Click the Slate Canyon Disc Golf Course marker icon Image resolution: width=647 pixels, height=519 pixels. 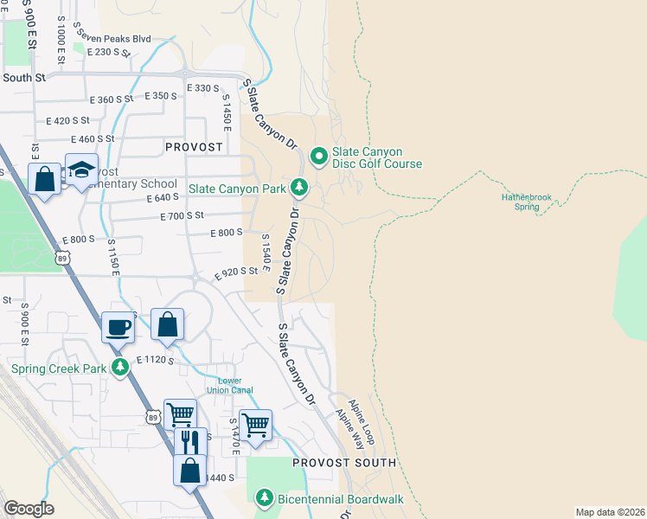(x=318, y=157)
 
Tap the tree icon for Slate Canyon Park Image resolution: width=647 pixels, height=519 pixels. (x=299, y=187)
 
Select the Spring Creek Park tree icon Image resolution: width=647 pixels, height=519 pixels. (x=120, y=368)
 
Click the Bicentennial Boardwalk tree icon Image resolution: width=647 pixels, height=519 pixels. (x=266, y=499)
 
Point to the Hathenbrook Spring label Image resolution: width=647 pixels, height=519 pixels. (x=526, y=202)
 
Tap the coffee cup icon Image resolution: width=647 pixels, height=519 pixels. (x=119, y=327)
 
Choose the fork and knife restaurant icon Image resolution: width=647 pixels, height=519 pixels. (x=190, y=441)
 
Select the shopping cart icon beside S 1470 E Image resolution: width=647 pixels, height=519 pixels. (x=256, y=425)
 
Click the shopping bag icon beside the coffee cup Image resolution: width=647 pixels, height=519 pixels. (x=168, y=324)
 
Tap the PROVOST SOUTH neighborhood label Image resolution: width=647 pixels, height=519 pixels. (x=343, y=463)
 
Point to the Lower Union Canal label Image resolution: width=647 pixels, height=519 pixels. (x=229, y=385)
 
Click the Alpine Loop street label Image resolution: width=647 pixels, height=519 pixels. (x=362, y=421)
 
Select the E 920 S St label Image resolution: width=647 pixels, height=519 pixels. (x=236, y=271)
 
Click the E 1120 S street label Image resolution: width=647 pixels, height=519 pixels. (x=156, y=360)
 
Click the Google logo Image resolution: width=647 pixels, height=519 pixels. (x=29, y=509)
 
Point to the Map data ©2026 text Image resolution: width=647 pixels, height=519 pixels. (x=609, y=512)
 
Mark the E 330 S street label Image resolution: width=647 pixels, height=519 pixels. (x=203, y=88)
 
